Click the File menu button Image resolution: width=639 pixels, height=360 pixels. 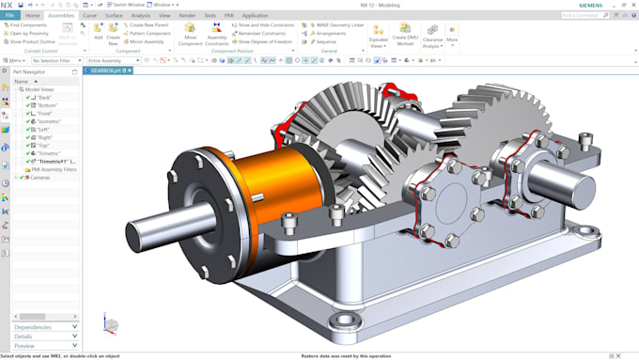[x=8, y=15]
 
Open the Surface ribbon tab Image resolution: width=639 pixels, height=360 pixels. [x=114, y=15]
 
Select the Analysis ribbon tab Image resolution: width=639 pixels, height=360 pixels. [x=140, y=15]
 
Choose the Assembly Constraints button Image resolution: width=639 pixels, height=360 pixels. [x=217, y=34]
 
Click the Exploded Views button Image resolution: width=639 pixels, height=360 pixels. [x=378, y=35]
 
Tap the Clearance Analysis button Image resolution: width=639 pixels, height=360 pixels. [x=432, y=35]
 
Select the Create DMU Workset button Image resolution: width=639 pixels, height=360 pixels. [x=404, y=35]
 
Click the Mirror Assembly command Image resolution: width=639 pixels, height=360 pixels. [x=146, y=42]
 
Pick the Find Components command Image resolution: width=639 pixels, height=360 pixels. [x=27, y=25]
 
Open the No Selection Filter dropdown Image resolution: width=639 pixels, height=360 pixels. [x=56, y=60]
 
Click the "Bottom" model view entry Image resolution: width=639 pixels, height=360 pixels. [x=47, y=105]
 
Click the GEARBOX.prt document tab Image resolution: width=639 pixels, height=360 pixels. [x=104, y=70]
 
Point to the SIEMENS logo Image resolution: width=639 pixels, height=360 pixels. [x=589, y=5]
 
